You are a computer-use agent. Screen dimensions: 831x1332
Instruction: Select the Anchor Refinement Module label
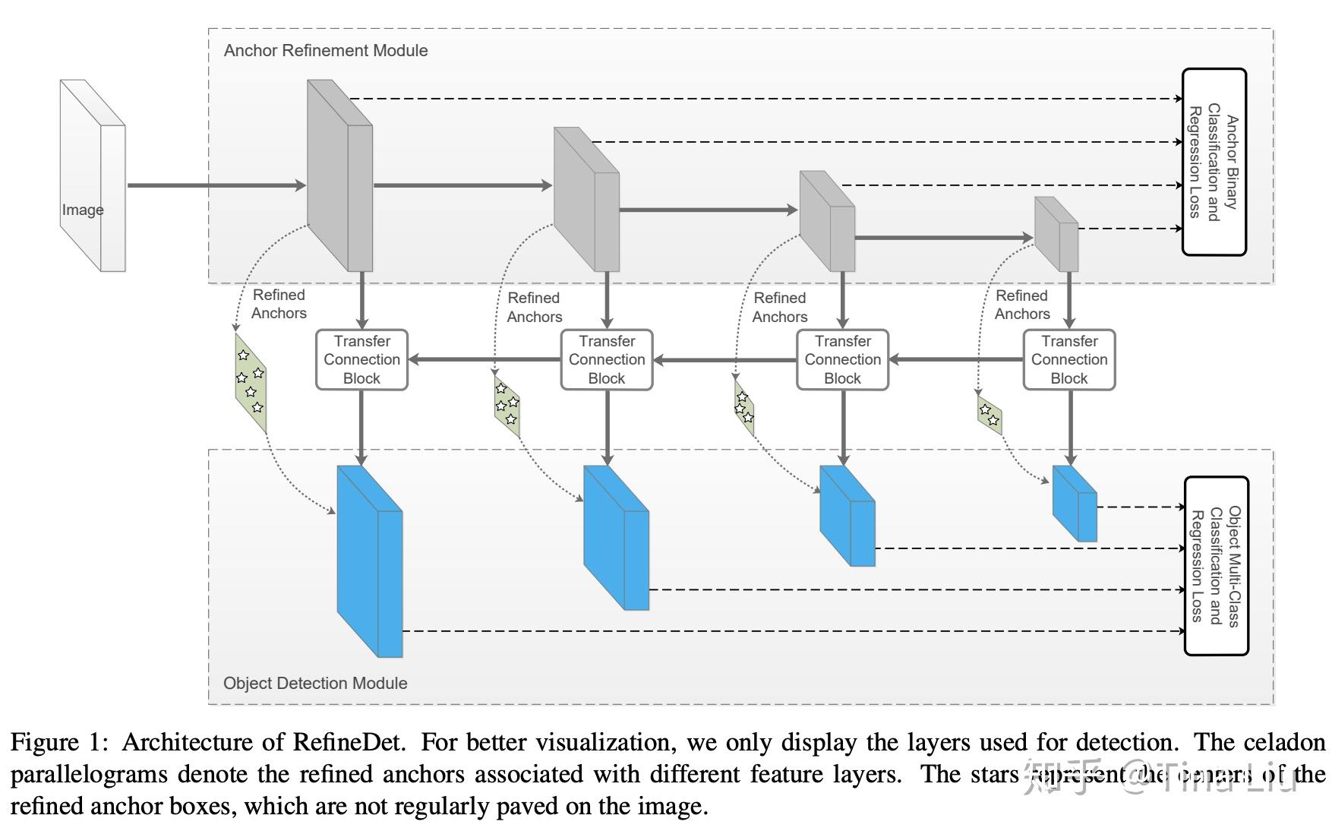(325, 50)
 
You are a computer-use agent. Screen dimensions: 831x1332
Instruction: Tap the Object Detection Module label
(315, 683)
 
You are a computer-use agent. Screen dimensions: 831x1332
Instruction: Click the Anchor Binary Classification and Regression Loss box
(1214, 162)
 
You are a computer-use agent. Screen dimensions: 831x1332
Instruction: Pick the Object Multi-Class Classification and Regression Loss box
(1216, 566)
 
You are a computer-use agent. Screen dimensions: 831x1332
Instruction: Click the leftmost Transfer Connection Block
(361, 360)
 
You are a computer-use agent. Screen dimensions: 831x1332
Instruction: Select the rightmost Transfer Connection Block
(1068, 360)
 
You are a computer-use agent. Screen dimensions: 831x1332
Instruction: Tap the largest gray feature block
(338, 175)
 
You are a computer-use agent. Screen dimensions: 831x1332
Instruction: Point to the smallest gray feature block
(1057, 234)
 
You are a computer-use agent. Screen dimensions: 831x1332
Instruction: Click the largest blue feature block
(368, 562)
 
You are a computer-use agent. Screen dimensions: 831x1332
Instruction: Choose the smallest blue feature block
(1075, 504)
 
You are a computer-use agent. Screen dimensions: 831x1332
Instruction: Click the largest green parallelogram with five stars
(251, 382)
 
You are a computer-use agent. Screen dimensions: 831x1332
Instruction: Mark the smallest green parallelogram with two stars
(990, 415)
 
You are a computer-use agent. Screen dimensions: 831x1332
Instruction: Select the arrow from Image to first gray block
(216, 185)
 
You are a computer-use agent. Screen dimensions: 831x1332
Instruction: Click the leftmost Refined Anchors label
(279, 304)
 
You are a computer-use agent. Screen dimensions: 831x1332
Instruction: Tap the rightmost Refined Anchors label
(1021, 305)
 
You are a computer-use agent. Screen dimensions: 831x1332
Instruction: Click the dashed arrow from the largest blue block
(790, 630)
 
